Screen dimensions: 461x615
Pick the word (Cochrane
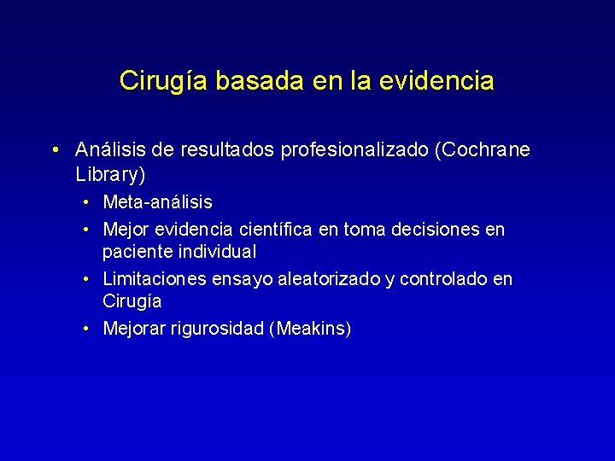point(483,150)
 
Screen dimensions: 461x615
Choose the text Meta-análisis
point(157,202)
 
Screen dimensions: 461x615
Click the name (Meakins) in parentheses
point(310,329)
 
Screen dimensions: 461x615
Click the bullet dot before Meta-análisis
point(88,203)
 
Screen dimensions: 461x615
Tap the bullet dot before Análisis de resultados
point(54,151)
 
